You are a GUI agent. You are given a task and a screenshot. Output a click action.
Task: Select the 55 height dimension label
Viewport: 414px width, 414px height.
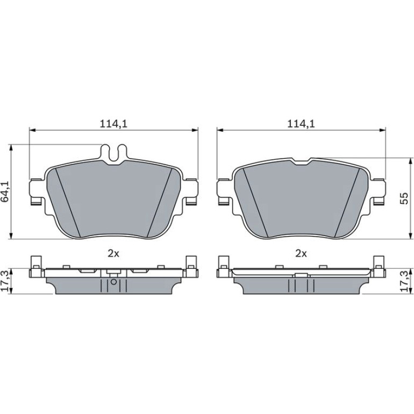(x=404, y=198)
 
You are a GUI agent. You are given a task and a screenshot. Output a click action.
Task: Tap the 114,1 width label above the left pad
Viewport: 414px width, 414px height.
(x=113, y=124)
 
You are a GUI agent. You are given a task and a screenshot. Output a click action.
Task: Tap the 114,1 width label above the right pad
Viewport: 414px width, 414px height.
(x=301, y=124)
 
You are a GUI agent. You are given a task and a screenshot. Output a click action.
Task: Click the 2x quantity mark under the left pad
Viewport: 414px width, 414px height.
(x=113, y=254)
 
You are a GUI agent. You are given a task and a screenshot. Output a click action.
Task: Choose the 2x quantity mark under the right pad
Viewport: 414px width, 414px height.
(x=301, y=254)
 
